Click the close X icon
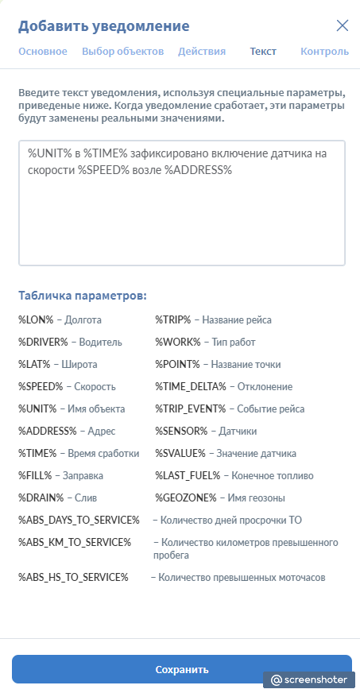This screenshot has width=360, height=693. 343,25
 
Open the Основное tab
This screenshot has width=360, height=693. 43,52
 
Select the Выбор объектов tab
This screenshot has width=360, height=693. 122,52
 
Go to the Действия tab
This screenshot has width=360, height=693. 202,52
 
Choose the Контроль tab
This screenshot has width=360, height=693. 324,52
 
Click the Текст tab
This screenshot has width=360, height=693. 263,52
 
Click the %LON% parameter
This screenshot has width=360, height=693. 36,319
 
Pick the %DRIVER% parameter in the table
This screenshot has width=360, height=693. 43,342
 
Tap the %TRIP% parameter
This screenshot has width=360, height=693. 172,319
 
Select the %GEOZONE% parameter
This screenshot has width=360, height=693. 185,497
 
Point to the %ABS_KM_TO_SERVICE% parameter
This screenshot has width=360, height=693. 75,542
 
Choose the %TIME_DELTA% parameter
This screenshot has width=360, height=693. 190,386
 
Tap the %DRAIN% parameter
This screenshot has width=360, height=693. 41,497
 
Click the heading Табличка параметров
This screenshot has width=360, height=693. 83,296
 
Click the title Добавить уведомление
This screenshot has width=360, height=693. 104,26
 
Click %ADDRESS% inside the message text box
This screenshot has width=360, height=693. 198,170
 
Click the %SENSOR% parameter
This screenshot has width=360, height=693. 180,431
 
